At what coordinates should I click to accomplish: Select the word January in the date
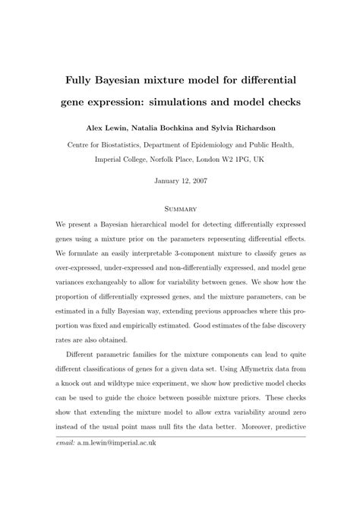(166, 182)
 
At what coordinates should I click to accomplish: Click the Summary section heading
(180, 208)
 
